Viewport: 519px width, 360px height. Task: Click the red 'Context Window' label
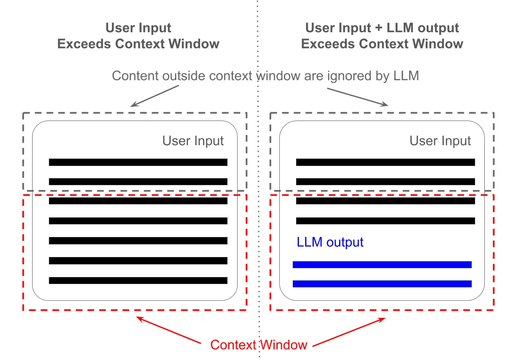(x=258, y=345)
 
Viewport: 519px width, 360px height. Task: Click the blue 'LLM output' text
(x=330, y=242)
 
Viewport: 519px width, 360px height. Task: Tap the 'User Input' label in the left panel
(x=193, y=141)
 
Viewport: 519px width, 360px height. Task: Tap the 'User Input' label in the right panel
(x=440, y=141)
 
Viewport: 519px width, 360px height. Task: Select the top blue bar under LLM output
(x=382, y=264)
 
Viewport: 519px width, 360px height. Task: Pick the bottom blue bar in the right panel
(x=382, y=284)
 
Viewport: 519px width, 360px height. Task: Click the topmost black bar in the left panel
(x=138, y=162)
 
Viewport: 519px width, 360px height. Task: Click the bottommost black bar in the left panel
(x=138, y=280)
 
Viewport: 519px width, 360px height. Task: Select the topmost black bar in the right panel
(x=385, y=162)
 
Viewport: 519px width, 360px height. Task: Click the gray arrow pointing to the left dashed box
(x=155, y=96)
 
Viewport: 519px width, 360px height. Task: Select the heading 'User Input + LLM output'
(x=382, y=28)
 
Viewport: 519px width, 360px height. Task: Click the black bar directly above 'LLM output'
(x=385, y=221)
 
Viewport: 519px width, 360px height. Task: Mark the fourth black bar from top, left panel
(x=138, y=221)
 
